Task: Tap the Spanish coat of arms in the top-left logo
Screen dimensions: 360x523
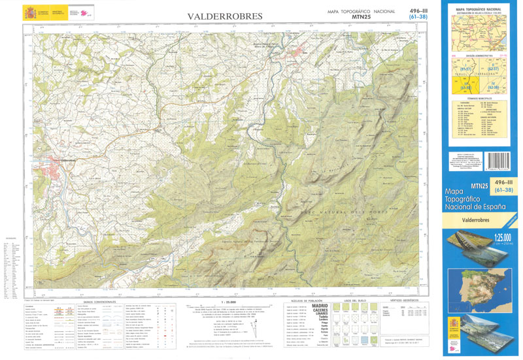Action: pyautogui.click(x=30, y=13)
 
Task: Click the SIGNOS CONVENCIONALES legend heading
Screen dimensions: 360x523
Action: pyautogui.click(x=95, y=302)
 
